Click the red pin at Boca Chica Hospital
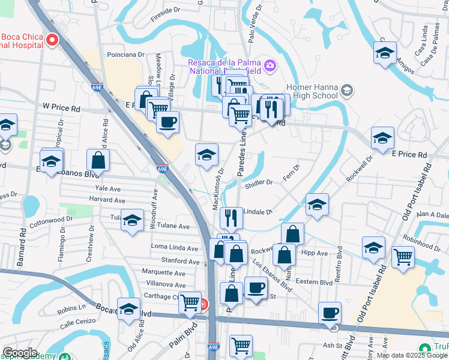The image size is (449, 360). click(52, 40)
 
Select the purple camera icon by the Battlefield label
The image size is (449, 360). click(270, 65)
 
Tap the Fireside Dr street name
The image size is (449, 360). click(165, 10)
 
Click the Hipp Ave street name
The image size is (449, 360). click(315, 253)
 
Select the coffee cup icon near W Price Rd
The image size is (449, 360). click(167, 122)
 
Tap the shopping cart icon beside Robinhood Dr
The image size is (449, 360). click(403, 257)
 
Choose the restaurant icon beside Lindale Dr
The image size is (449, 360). click(231, 217)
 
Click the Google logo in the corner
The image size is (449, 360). click(20, 353)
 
